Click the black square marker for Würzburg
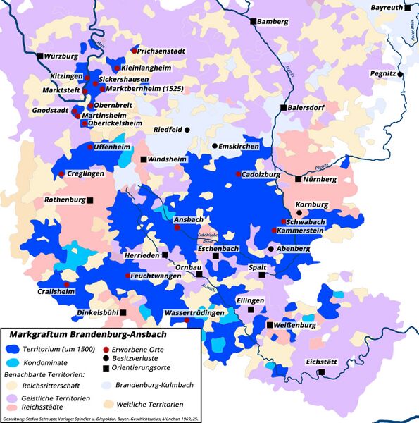[40, 55]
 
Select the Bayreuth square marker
[408, 8]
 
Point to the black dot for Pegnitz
[399, 74]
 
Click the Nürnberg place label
[320, 179]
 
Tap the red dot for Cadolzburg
[238, 173]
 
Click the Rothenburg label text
[64, 200]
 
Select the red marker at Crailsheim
[67, 284]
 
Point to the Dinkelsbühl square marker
[123, 312]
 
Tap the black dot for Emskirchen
[215, 146]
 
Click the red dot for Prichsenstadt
[134, 51]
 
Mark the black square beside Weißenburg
[270, 325]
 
